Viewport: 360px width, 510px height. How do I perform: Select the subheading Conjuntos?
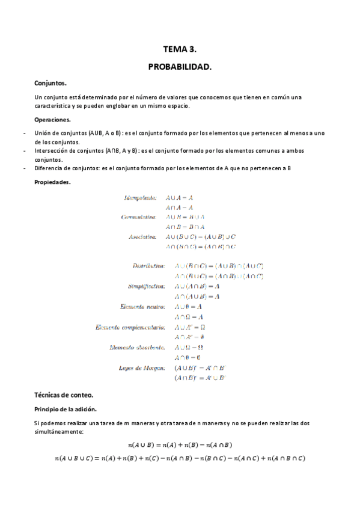click(50, 84)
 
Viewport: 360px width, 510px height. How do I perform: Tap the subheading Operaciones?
click(53, 120)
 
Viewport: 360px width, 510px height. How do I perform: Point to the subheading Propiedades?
click(53, 182)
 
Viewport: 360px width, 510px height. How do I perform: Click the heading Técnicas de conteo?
click(64, 395)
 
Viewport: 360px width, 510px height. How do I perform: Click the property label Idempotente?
click(141, 197)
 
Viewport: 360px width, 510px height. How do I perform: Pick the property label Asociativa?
click(142, 237)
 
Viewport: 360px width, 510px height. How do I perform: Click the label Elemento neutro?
click(142, 307)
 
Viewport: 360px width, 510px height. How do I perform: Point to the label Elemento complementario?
click(130, 327)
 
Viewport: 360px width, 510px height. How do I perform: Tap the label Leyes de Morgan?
click(144, 368)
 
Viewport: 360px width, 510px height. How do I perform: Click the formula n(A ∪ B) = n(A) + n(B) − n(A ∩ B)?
click(180, 445)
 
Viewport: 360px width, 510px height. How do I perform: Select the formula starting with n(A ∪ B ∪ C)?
click(180, 459)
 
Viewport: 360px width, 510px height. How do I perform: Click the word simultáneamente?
click(59, 431)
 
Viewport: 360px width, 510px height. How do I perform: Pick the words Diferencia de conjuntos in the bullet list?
click(66, 168)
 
